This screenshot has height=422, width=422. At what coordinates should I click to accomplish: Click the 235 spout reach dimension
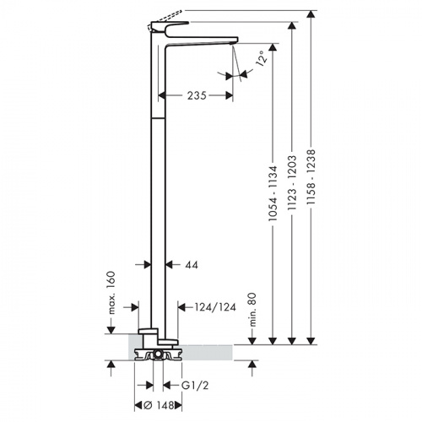197,95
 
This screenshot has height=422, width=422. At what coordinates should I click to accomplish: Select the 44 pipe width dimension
192,265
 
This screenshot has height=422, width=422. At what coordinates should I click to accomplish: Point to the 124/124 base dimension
215,307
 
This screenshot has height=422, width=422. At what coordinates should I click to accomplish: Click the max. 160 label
111,293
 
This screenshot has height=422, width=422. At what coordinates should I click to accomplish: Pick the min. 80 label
253,310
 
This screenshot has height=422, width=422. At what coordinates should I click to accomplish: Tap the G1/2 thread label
195,386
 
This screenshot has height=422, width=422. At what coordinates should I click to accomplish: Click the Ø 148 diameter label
159,405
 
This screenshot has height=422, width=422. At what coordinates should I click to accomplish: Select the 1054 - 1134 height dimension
273,193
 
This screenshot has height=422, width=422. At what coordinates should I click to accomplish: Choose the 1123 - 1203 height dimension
292,183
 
